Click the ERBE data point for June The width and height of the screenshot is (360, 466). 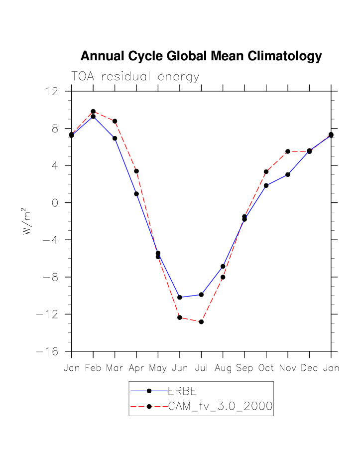[180, 298]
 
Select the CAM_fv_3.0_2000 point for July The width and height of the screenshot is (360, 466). [201, 322]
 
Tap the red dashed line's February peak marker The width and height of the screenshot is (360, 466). [93, 112]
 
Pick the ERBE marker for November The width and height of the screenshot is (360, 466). [288, 174]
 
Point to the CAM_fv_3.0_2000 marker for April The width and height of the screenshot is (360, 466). [136, 171]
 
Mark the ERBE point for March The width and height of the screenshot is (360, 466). [115, 138]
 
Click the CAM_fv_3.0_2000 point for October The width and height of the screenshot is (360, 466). [266, 171]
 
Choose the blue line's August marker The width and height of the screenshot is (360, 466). [223, 266]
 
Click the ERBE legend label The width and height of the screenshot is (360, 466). [176, 391]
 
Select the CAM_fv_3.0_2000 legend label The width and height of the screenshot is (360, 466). [220, 407]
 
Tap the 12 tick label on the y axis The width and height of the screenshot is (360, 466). [51, 91]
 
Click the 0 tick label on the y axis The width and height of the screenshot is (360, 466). [55, 203]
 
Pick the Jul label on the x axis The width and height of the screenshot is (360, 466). [201, 368]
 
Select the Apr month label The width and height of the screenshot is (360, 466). [136, 369]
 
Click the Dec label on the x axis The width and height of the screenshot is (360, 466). [309, 368]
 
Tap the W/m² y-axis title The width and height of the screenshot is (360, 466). [28, 221]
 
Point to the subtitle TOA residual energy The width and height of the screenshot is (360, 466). [135, 77]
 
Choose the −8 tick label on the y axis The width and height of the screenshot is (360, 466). [51, 277]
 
